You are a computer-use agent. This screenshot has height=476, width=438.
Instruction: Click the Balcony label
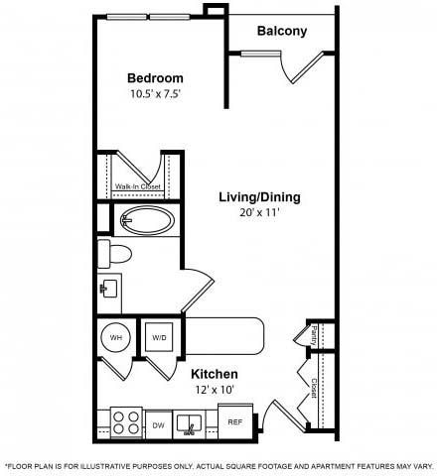(282, 31)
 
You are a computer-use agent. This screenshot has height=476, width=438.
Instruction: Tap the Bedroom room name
(154, 78)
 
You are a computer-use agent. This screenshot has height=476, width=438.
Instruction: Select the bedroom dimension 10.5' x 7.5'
(154, 94)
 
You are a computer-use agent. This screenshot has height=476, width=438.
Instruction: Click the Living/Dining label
(259, 196)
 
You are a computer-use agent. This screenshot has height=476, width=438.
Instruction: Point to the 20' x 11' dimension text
(259, 213)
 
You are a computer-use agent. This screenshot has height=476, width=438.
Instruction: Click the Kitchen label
(215, 373)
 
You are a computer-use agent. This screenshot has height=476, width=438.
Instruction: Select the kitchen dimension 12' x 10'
(215, 390)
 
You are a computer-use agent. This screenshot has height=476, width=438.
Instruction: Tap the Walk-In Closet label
(136, 185)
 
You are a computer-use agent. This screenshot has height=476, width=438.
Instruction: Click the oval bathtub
(147, 220)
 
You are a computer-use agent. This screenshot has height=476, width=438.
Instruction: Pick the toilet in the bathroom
(115, 253)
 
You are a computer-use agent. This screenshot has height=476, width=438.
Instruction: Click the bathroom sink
(109, 289)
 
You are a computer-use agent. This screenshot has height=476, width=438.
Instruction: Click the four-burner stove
(125, 423)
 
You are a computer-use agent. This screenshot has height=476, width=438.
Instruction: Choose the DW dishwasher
(158, 424)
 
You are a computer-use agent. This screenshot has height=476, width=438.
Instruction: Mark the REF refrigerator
(235, 422)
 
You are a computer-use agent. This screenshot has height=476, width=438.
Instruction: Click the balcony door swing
(295, 69)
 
